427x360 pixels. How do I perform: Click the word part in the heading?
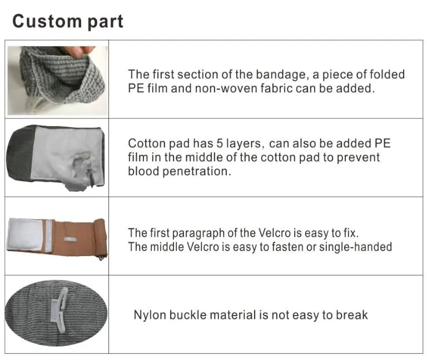point(106,22)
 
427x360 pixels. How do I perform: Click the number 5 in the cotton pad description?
point(220,143)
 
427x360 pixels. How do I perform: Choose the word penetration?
point(196,172)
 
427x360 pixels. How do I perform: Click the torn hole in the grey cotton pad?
point(82,167)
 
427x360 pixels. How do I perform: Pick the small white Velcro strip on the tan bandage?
point(70,239)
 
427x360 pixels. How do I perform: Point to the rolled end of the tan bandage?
point(100,238)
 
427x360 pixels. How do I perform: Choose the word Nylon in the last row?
point(150,316)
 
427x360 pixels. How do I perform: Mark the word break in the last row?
point(351,315)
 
